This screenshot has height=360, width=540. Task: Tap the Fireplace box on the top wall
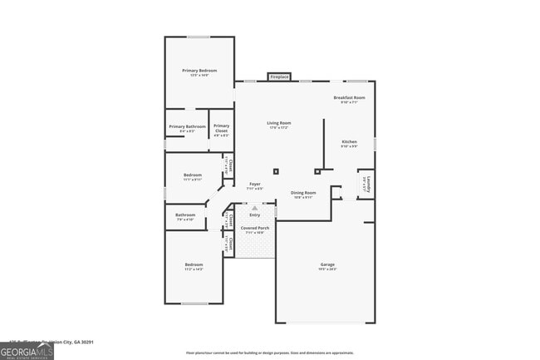point(279,77)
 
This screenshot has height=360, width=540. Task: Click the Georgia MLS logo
point(27,351)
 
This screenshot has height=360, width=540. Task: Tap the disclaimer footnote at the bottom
point(269,353)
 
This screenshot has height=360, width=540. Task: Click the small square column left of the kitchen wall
point(277,171)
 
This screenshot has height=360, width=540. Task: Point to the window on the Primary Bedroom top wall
point(199,37)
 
